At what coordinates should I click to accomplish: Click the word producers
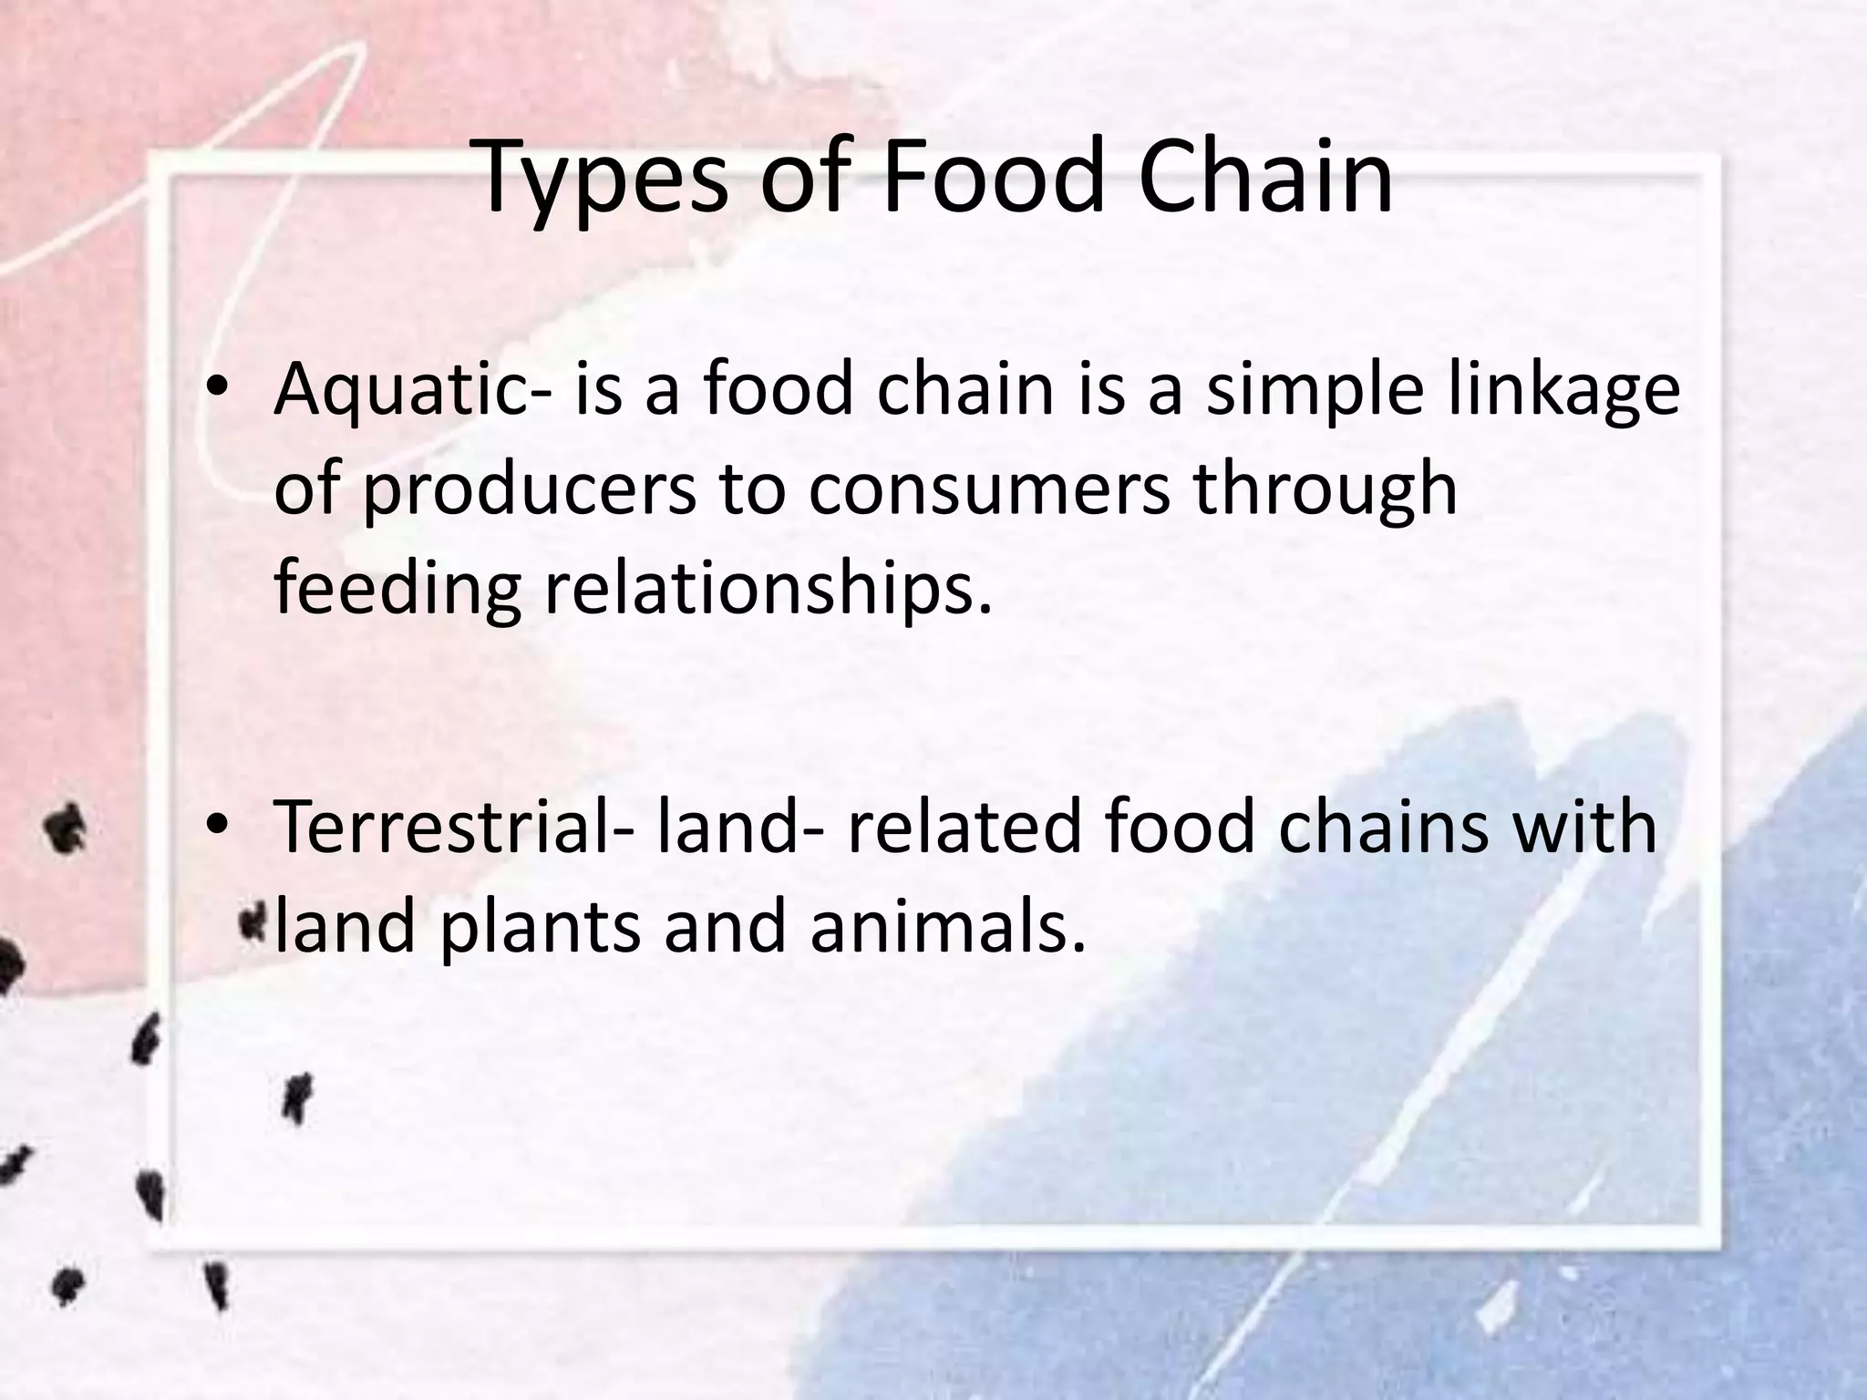pos(530,490)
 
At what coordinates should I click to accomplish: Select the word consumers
pos(988,489)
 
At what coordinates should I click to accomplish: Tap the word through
pos(1325,490)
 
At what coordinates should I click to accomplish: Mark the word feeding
pos(397,589)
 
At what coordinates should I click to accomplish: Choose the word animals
pos(948,925)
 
